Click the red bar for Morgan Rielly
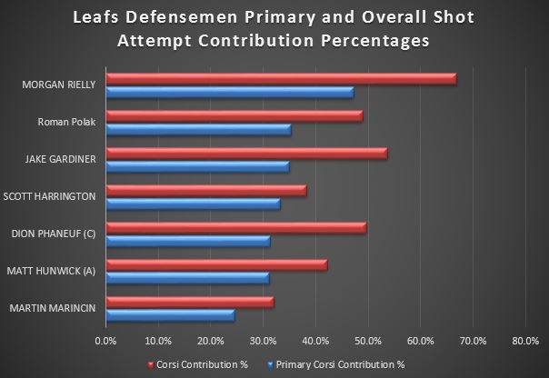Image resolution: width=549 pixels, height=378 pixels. (281, 79)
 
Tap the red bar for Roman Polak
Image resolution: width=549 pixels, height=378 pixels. (234, 116)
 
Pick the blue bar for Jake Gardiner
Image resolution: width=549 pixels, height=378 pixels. (197, 166)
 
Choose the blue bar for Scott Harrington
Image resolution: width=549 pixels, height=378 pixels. (193, 203)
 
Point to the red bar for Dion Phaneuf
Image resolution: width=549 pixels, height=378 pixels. (236, 227)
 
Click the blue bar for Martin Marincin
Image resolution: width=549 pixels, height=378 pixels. (170, 314)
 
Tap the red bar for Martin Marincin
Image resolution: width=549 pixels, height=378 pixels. (189, 302)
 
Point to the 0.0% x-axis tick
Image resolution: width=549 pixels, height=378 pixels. (106, 342)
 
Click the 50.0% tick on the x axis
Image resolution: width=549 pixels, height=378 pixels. (368, 342)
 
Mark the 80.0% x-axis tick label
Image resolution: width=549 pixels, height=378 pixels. (525, 342)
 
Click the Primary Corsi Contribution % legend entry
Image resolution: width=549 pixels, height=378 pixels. (347, 363)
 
